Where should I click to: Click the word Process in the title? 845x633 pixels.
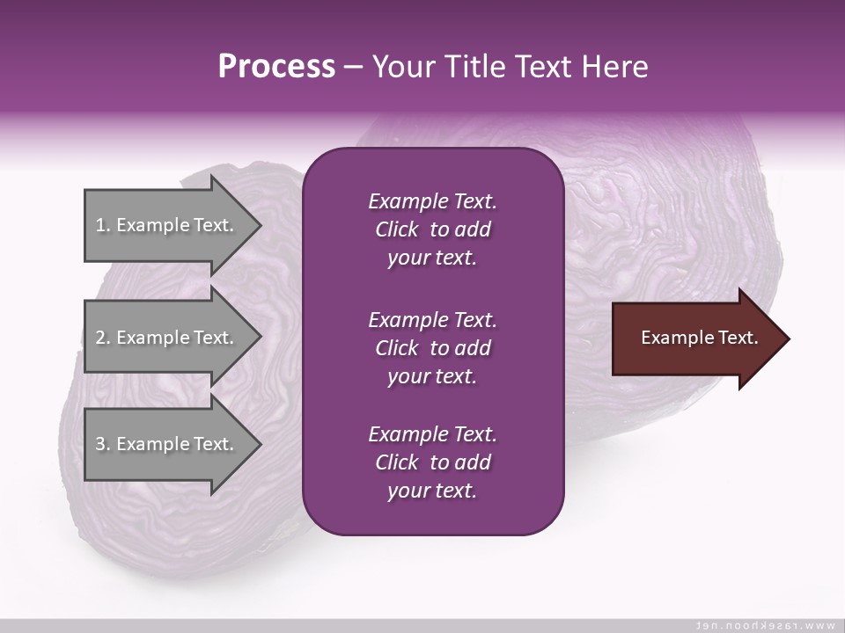[276, 66]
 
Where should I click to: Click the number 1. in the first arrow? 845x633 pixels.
[103, 225]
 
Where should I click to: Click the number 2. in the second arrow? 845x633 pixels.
[103, 338]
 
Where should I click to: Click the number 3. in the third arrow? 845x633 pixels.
[103, 444]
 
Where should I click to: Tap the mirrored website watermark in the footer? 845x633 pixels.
[765, 625]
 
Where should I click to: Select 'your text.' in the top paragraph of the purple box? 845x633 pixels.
[432, 258]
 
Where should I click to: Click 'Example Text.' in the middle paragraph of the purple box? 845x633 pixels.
[432, 319]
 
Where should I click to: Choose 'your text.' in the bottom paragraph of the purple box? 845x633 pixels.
[432, 491]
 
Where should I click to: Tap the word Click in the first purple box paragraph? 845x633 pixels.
[396, 229]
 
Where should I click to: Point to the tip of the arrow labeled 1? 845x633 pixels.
[260, 225]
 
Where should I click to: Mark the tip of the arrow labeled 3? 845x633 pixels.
[260, 444]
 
